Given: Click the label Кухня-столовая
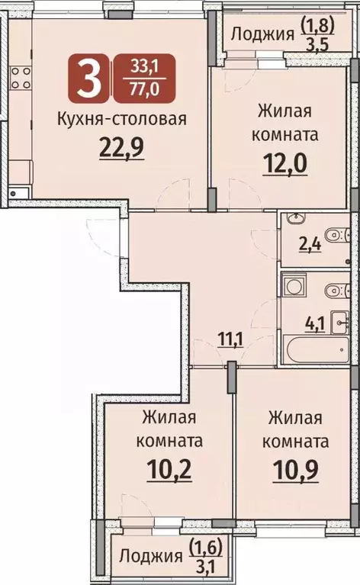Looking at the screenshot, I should [x=122, y=119].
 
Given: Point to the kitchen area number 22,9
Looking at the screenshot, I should [x=122, y=145].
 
